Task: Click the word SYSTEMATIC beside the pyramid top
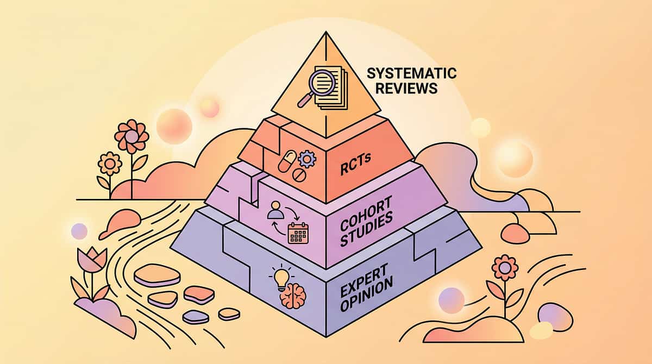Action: (x=412, y=73)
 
